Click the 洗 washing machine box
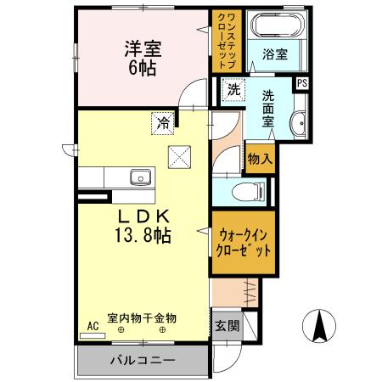[x=233, y=87]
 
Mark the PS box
[x=301, y=83]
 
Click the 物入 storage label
[x=258, y=159]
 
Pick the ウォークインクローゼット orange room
[x=244, y=244]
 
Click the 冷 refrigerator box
[x=161, y=122]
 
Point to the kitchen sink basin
[x=140, y=178]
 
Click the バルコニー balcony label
[x=142, y=360]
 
